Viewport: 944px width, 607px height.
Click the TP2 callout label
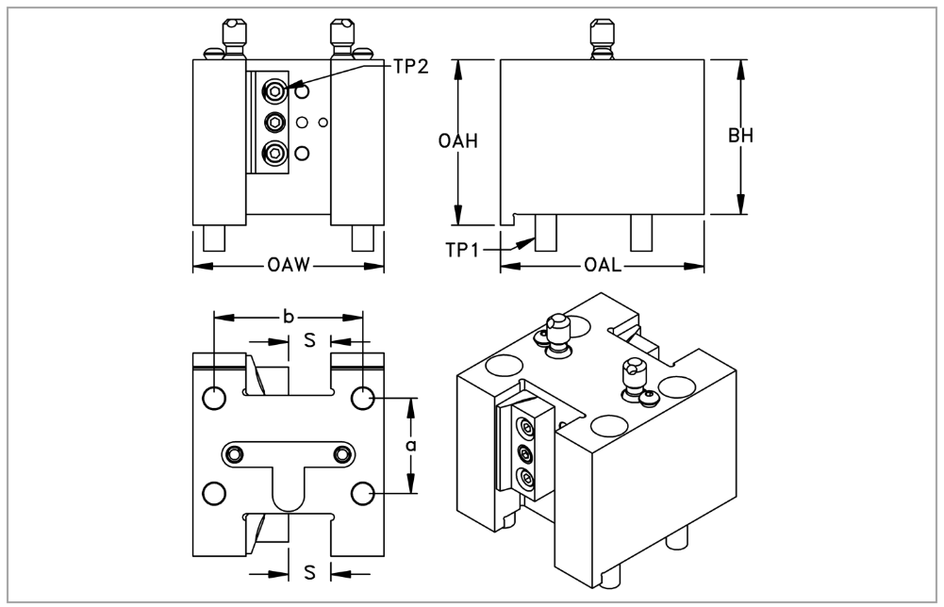[x=411, y=69]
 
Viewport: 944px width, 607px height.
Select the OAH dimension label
[x=458, y=140]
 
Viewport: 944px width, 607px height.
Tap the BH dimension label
[x=740, y=136]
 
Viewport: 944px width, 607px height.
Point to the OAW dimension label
[x=289, y=267]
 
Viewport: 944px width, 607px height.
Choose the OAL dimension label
[x=603, y=267]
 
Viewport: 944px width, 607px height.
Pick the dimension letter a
[x=411, y=443]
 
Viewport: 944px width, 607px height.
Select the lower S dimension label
[x=308, y=572]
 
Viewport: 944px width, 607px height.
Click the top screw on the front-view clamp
[x=275, y=90]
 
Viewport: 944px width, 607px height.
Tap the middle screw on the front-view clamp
[x=275, y=121]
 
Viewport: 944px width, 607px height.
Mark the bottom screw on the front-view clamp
[x=275, y=151]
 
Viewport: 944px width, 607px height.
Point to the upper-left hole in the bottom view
[x=214, y=398]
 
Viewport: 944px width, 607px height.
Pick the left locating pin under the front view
[x=214, y=237]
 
